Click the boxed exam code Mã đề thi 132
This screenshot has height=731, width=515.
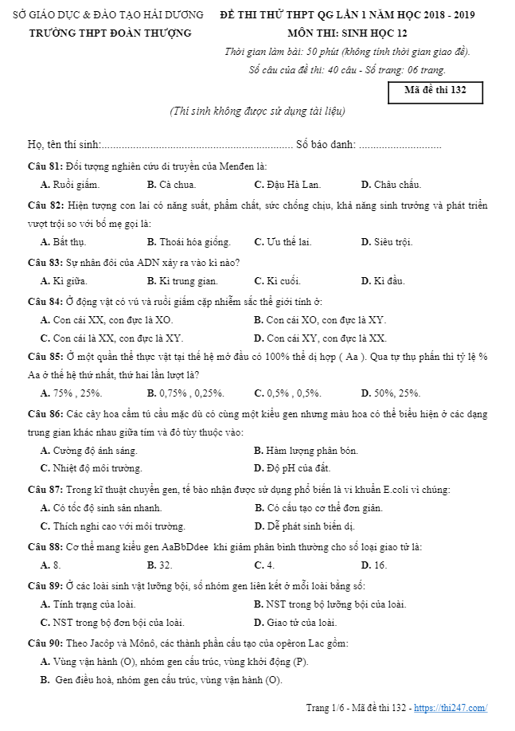(435, 91)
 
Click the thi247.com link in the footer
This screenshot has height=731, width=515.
(450, 708)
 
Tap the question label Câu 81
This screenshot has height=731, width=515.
(45, 166)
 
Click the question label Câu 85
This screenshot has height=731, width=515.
(45, 357)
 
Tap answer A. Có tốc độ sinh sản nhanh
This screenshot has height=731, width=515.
(101, 507)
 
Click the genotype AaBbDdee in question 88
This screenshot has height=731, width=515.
(185, 546)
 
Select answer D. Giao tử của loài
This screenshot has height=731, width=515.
(295, 623)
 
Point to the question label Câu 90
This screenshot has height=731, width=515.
(45, 643)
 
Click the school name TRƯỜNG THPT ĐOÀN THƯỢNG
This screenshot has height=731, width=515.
(111, 33)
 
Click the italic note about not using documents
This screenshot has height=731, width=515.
(257, 111)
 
